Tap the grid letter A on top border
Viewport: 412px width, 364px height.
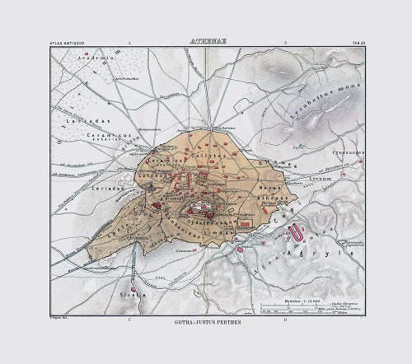128,40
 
